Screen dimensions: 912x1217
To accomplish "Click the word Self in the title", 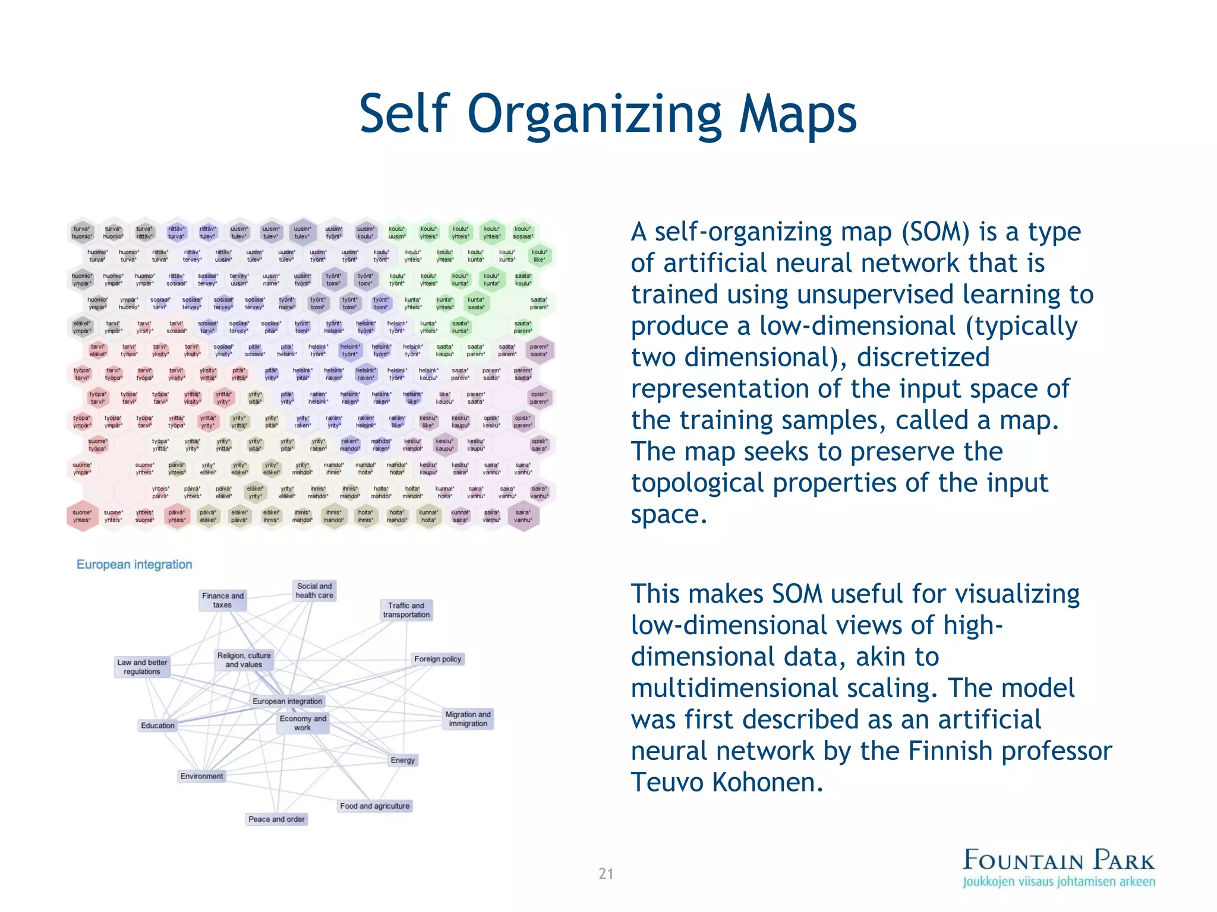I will [403, 114].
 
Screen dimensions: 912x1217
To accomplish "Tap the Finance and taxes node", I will [222, 600].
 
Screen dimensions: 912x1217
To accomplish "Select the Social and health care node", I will [314, 591].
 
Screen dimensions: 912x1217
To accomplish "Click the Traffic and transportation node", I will [406, 610].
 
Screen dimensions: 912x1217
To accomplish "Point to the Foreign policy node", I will [437, 659].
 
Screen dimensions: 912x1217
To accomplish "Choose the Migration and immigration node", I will [468, 719].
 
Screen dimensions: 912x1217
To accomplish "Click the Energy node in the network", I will [403, 761].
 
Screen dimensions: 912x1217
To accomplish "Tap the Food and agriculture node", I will [374, 806].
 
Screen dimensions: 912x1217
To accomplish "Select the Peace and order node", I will [276, 819].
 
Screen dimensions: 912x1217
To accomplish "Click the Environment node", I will [202, 777].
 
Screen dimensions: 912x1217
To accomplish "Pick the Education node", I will [157, 726].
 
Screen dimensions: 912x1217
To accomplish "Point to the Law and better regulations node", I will [142, 667].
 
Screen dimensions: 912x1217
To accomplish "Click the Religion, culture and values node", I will [244, 660].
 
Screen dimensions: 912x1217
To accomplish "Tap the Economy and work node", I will [302, 723].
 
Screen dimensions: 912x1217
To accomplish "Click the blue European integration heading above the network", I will [134, 565].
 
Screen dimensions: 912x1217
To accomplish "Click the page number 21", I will [606, 873].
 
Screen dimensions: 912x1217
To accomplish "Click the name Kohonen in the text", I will [768, 783].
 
